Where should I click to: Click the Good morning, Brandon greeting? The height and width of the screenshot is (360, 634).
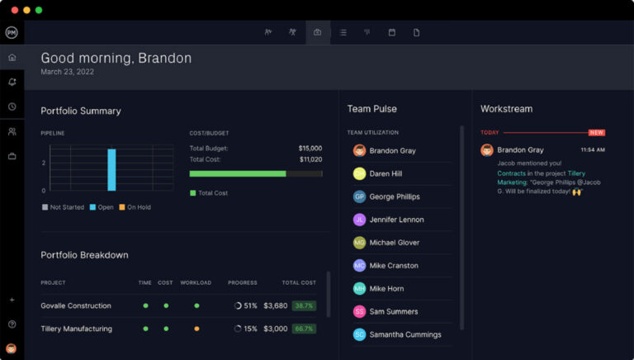[116, 59]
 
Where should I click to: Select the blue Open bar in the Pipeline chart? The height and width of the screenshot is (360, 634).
[111, 169]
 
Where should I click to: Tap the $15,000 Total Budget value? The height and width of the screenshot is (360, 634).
[310, 149]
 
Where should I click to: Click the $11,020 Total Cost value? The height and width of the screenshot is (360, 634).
[310, 159]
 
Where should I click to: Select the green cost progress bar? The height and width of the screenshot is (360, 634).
[238, 174]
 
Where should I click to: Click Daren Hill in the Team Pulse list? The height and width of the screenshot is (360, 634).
[386, 174]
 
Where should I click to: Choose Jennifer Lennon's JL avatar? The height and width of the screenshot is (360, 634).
[359, 220]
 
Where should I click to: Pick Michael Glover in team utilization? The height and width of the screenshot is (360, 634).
[394, 243]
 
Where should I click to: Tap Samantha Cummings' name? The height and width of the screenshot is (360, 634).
[405, 334]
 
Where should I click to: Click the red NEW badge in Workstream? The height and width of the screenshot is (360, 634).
[596, 132]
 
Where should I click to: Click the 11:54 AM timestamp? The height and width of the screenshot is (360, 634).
[593, 150]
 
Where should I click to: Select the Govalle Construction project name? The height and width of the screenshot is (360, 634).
[76, 306]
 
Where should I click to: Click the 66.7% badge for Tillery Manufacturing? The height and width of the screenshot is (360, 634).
[304, 329]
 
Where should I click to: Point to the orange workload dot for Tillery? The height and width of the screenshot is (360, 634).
[196, 329]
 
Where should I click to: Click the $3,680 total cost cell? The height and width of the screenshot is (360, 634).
[275, 306]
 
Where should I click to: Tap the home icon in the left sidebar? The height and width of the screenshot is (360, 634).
[12, 58]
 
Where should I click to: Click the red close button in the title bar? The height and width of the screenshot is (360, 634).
[12, 10]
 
